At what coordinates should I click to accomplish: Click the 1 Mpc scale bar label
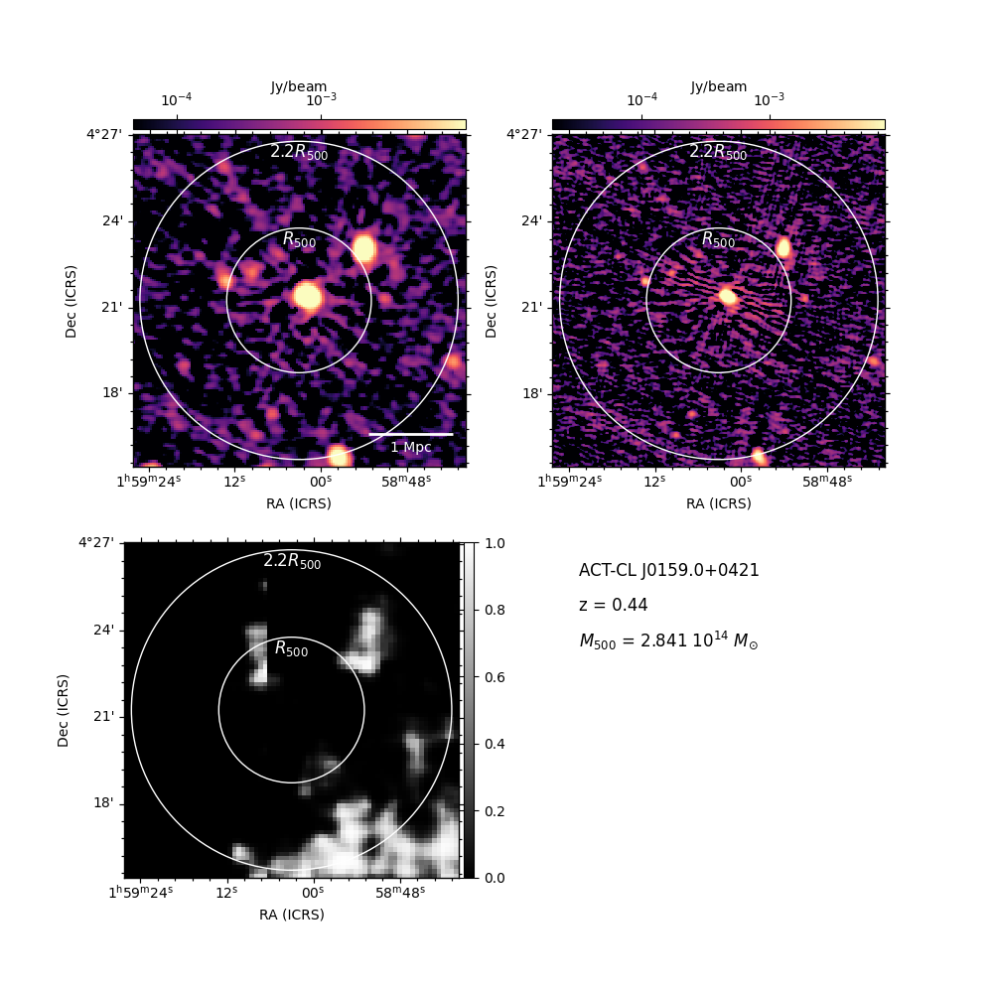click(x=410, y=447)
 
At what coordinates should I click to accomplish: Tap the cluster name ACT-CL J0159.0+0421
click(x=668, y=570)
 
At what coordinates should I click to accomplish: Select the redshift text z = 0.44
click(x=613, y=605)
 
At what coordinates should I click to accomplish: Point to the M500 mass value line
click(x=668, y=640)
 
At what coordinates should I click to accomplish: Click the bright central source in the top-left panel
click(x=308, y=296)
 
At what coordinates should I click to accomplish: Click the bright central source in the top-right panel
click(x=728, y=296)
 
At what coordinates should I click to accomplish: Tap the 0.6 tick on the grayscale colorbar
click(x=495, y=677)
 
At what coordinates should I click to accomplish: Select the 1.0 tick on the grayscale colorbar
click(x=495, y=543)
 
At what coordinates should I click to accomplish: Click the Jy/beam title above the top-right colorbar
click(x=719, y=86)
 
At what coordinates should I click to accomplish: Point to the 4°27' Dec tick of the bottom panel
click(x=96, y=542)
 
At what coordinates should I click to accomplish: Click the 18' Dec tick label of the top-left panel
click(x=112, y=392)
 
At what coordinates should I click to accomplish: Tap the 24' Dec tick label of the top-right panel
click(x=532, y=221)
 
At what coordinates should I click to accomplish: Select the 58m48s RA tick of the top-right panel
click(x=827, y=482)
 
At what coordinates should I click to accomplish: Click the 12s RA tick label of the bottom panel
click(x=226, y=892)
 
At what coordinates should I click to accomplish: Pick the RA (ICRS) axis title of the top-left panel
click(x=299, y=503)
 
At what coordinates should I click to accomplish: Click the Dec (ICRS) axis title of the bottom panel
click(x=63, y=711)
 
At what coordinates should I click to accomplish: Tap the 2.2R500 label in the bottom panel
click(x=292, y=561)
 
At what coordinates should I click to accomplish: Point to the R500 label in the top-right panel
click(x=719, y=239)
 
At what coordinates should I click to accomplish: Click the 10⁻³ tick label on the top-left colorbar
click(x=321, y=99)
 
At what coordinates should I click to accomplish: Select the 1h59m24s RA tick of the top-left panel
click(x=149, y=482)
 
